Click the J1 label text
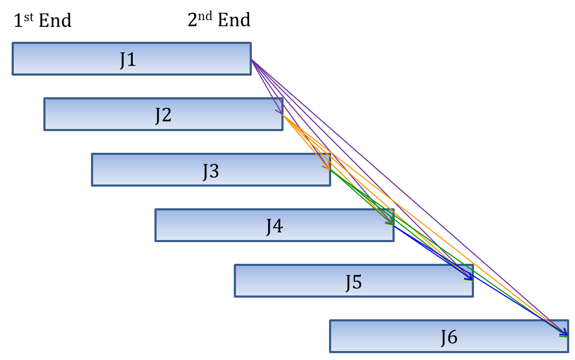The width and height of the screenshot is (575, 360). point(128,60)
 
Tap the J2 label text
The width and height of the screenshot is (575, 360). point(163,115)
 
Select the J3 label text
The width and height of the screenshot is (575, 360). point(211,171)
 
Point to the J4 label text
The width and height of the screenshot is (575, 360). point(275,226)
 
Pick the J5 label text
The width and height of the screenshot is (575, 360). point(354,282)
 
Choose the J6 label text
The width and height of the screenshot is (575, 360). point(449,337)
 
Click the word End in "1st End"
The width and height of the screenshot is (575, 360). point(55,21)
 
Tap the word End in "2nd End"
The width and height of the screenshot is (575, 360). point(234,20)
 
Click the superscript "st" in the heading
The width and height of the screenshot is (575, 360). point(30,16)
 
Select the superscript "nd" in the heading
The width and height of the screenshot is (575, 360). point(206,15)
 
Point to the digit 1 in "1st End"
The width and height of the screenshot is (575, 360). point(18,21)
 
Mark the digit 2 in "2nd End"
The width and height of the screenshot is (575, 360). point(193,20)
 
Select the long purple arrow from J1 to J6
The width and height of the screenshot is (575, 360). point(407,195)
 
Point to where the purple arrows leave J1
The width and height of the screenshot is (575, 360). point(252,60)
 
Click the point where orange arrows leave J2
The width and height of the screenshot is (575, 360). point(284,116)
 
